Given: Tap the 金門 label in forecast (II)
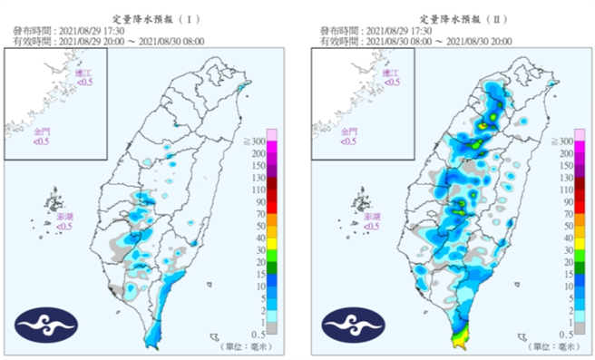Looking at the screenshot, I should (349, 131).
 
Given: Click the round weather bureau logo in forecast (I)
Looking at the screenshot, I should (44, 326).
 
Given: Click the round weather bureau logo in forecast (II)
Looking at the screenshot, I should (349, 326).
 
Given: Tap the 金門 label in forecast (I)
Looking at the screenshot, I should (44, 131).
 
